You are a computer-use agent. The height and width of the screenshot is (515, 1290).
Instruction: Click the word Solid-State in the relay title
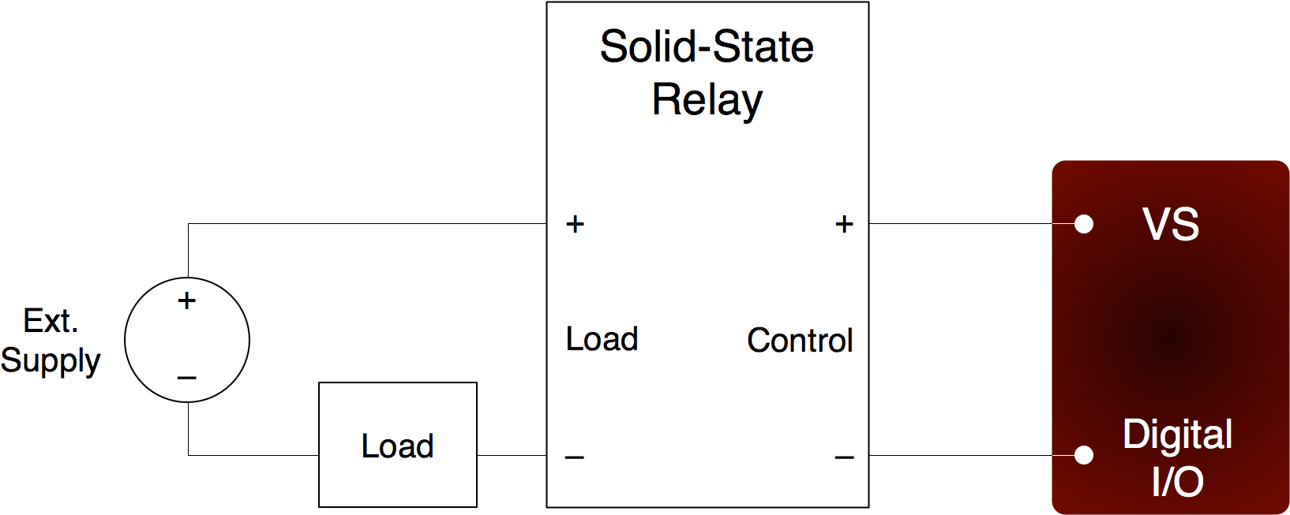(707, 47)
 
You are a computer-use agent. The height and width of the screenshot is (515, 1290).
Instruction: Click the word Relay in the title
(707, 100)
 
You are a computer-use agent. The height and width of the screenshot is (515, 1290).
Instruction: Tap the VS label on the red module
(1171, 224)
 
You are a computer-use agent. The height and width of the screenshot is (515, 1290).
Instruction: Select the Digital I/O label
(1177, 457)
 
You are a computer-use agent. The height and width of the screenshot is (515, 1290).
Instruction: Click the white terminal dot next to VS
(1084, 224)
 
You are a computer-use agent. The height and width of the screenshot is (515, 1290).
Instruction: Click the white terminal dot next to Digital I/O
(1084, 455)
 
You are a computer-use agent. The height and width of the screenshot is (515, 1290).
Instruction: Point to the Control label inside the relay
(800, 341)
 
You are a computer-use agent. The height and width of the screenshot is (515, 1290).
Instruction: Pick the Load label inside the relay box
(602, 339)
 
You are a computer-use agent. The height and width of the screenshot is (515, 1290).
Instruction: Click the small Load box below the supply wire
(398, 446)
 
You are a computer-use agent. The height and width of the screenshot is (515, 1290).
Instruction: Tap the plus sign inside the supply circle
(186, 300)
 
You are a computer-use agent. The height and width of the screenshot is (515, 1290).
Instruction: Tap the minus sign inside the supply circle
(186, 378)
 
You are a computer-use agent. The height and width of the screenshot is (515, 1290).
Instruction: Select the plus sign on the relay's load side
(575, 224)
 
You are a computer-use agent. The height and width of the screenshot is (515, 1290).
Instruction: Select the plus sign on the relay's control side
(844, 224)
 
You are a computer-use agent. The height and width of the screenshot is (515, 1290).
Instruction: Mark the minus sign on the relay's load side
(575, 457)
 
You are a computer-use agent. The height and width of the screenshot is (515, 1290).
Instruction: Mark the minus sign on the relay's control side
(844, 457)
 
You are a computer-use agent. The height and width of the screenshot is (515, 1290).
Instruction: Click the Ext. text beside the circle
(51, 321)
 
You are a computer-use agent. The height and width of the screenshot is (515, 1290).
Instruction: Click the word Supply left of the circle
(51, 360)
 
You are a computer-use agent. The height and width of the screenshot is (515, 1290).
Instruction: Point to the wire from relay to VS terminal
(963, 223)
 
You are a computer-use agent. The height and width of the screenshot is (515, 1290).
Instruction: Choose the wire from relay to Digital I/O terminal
(963, 455)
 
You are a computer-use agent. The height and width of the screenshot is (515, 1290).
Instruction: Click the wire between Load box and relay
(512, 455)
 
